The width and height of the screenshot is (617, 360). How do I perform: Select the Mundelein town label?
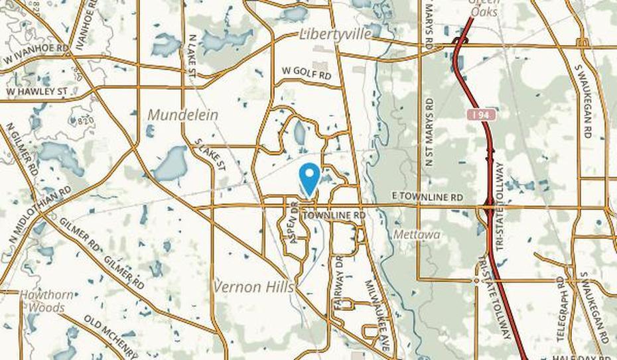[182, 115]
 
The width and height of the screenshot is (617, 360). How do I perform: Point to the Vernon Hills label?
[254, 286]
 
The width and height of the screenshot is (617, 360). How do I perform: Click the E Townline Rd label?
[427, 198]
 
